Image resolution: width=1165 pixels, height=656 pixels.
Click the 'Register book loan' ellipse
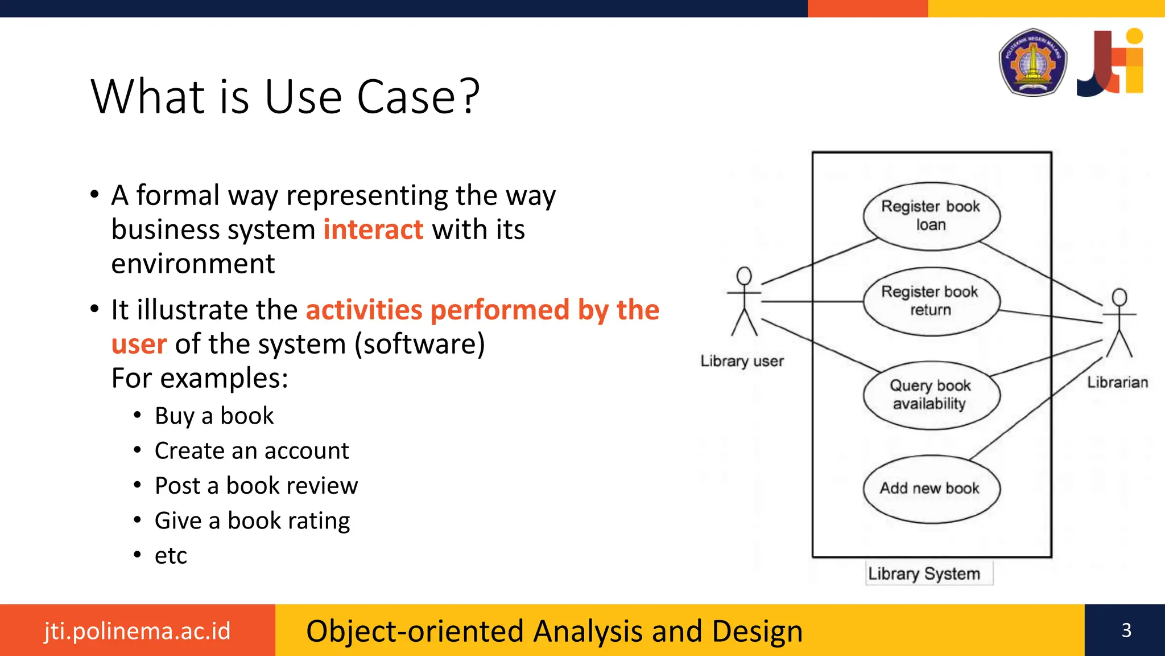tap(931, 216)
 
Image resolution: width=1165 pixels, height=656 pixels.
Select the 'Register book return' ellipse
tap(931, 301)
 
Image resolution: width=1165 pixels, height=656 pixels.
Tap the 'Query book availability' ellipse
tap(931, 395)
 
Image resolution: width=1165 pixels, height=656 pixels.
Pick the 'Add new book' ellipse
tap(931, 489)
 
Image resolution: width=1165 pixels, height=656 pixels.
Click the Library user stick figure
tap(744, 302)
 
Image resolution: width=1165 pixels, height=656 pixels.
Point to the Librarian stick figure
tap(1119, 323)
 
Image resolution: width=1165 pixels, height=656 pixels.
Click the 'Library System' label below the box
tap(924, 573)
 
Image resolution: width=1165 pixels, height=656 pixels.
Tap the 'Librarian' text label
tap(1117, 382)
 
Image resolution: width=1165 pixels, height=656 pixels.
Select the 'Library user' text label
tap(742, 361)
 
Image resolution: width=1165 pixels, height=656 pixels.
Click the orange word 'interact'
tap(373, 229)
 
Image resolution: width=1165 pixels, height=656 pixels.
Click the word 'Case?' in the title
tap(418, 97)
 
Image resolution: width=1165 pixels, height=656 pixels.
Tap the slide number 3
tap(1126, 630)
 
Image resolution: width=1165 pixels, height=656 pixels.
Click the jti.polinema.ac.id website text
tap(137, 631)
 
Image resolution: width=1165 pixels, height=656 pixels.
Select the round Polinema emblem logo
tap(1032, 62)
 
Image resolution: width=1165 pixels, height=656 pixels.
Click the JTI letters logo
tap(1110, 62)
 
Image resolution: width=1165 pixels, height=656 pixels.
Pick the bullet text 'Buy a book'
tap(214, 416)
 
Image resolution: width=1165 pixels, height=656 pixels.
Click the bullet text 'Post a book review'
tap(256, 486)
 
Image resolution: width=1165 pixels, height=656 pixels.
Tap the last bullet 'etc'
tap(171, 555)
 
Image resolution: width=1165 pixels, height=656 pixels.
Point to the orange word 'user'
tap(139, 344)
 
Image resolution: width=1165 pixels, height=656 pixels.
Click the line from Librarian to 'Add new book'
tap(1035, 408)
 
